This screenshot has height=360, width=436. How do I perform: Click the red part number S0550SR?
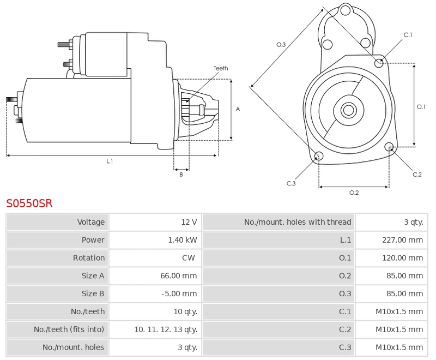[x=29, y=203]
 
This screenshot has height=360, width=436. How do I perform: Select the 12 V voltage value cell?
[x=189, y=222]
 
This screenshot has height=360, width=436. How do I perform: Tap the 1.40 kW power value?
[x=183, y=240]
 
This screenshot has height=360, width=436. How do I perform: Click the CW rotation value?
[x=189, y=258]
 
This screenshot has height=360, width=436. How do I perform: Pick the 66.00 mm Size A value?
[x=178, y=276]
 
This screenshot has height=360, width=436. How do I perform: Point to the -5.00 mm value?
[x=179, y=294]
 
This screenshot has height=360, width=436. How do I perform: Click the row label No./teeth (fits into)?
[x=69, y=329]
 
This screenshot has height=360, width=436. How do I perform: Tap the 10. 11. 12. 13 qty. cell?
[x=166, y=329]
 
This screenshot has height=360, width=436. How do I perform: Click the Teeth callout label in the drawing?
[x=221, y=68]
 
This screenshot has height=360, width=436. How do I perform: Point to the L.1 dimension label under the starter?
[x=110, y=161]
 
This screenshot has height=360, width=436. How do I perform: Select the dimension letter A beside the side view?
[x=238, y=109]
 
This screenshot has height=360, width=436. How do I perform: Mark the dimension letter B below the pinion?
[x=181, y=175]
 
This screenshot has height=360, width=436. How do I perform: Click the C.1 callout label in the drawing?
[x=408, y=35]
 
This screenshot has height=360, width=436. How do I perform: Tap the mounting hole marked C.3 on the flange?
[x=319, y=157]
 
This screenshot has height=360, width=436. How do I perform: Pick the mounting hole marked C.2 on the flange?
[x=389, y=147]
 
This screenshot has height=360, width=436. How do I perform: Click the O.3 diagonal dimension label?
[x=281, y=45]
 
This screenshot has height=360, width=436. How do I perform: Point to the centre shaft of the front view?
[x=348, y=110]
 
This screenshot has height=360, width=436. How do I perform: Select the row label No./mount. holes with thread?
[x=298, y=222]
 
